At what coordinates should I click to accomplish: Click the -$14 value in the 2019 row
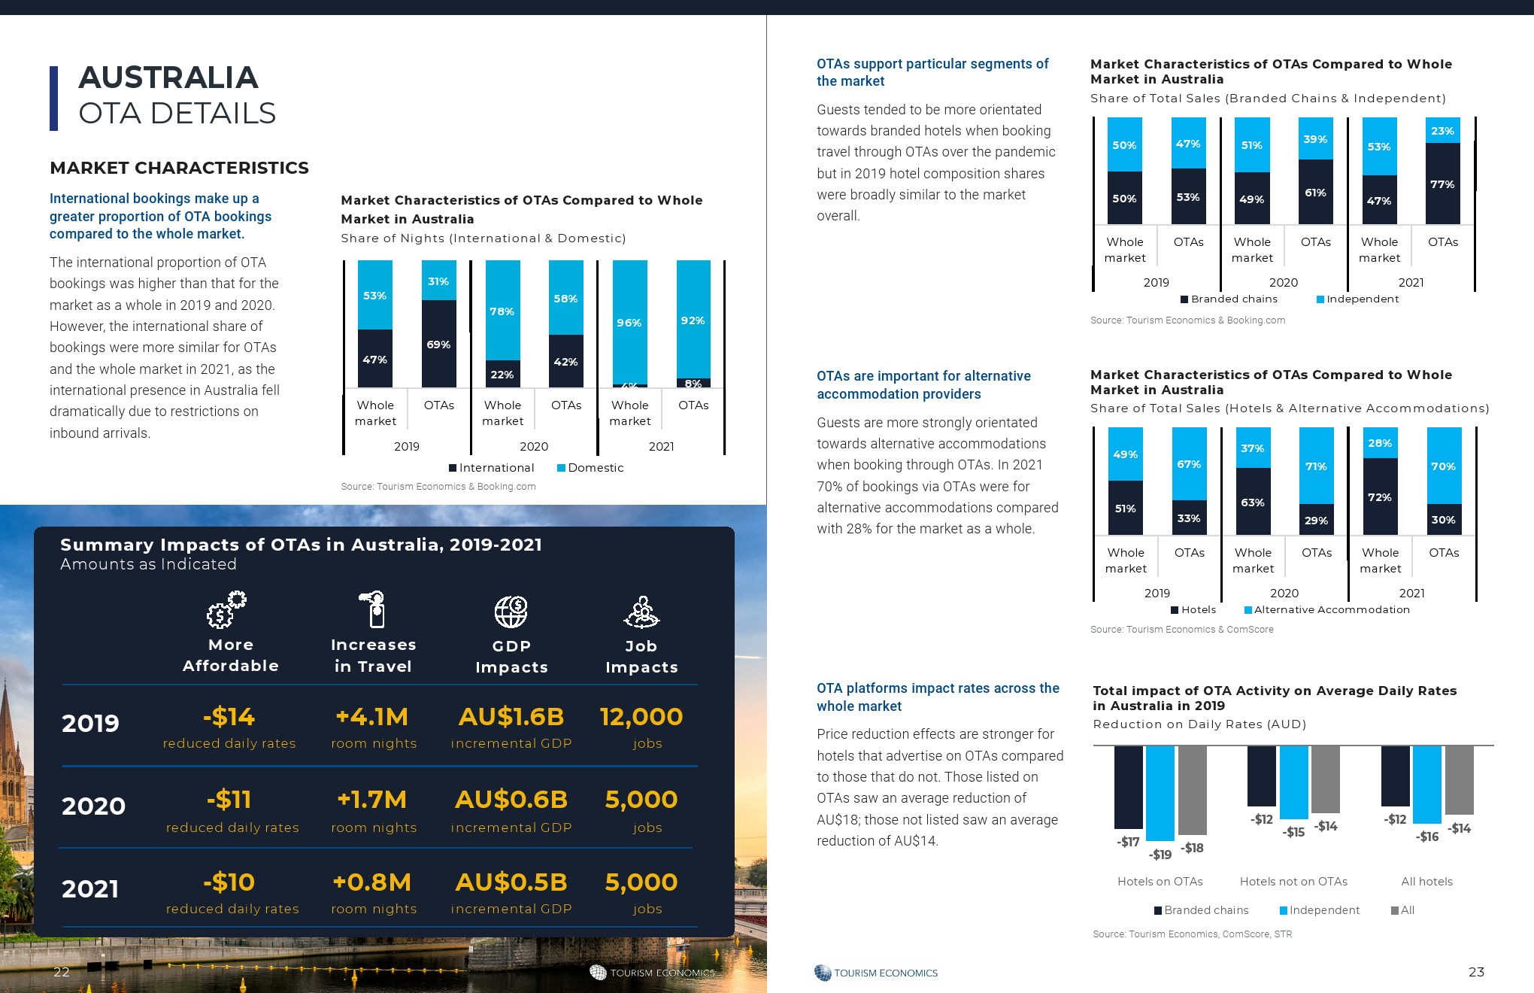[x=229, y=717]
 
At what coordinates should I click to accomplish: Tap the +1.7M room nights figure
[x=372, y=800]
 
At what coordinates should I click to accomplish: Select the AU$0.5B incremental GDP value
[x=511, y=882]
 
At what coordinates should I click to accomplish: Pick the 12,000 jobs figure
[x=641, y=717]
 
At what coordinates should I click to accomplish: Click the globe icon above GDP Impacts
[x=511, y=612]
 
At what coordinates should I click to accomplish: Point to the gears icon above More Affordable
[x=226, y=610]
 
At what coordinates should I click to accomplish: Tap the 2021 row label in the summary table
[x=90, y=889]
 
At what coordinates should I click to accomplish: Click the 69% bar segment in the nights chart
[x=439, y=345]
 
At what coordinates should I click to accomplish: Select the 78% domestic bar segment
[x=502, y=311]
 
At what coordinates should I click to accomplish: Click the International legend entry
[x=492, y=468]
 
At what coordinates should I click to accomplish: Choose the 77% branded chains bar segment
[x=1442, y=184]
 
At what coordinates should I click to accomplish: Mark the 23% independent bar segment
[x=1442, y=131]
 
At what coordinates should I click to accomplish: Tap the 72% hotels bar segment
[x=1380, y=497]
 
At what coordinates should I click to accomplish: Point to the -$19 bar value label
[x=1160, y=855]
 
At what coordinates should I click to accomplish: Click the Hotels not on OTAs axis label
[x=1293, y=882]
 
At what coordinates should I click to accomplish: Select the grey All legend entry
[x=1403, y=910]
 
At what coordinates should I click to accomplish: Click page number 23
[x=1476, y=972]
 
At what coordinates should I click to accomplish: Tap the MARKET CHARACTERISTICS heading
[x=179, y=168]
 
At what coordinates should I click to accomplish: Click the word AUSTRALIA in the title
[x=168, y=77]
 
